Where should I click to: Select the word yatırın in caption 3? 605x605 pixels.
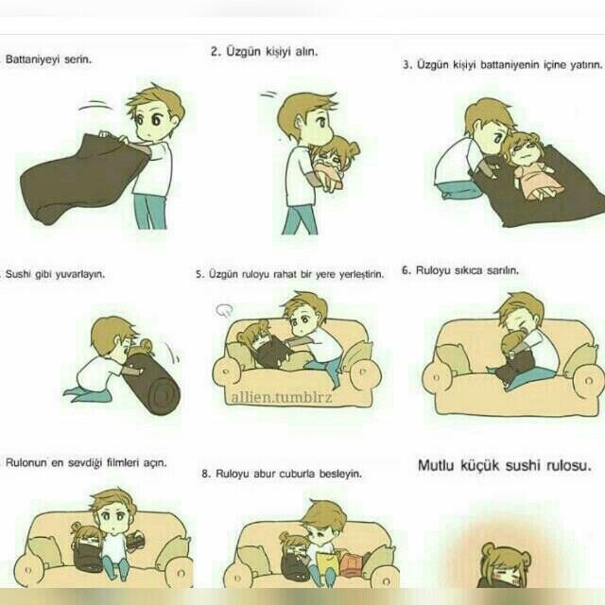[586, 65]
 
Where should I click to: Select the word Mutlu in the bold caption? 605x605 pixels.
[436, 465]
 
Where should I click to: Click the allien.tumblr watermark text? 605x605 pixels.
[282, 397]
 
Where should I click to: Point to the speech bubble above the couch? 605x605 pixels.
[225, 309]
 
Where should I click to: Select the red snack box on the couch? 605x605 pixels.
[351, 564]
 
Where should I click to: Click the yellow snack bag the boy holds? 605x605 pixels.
[327, 564]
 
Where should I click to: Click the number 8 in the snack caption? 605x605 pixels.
[205, 474]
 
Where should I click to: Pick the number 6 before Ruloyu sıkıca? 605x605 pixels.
[405, 270]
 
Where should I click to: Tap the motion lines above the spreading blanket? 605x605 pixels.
[95, 105]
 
